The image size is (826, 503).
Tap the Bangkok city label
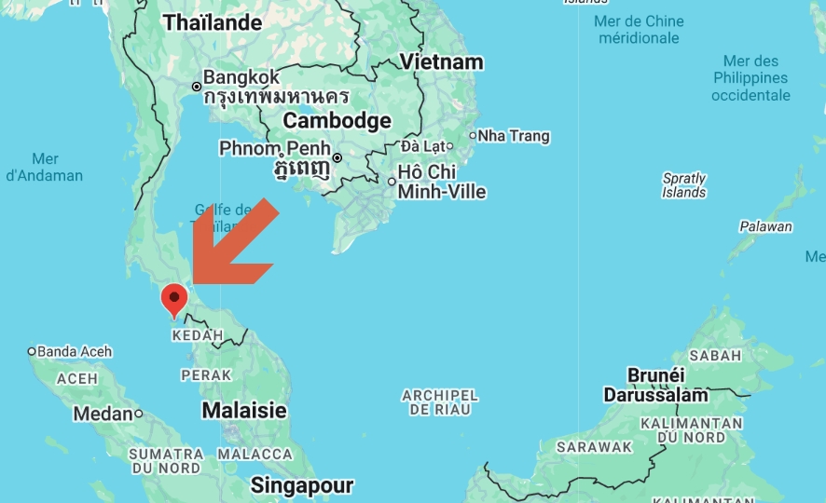point(241,76)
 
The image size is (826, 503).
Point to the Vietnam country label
point(441,62)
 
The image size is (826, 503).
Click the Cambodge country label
point(337,121)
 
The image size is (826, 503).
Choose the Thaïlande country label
point(213,23)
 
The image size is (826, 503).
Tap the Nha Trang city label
point(514,136)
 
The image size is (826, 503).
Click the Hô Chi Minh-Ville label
point(441,182)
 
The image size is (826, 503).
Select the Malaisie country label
point(244,411)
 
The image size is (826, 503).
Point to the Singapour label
point(301,485)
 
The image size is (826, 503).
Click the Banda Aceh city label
point(75,351)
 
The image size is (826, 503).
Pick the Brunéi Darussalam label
point(655,385)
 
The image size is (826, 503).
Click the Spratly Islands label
point(684,185)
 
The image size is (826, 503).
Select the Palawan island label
point(765,226)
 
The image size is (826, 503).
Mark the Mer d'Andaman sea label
point(45,167)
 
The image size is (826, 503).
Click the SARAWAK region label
point(595,447)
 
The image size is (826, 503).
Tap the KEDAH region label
point(198,335)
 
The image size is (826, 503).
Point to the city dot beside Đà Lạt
point(449,146)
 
